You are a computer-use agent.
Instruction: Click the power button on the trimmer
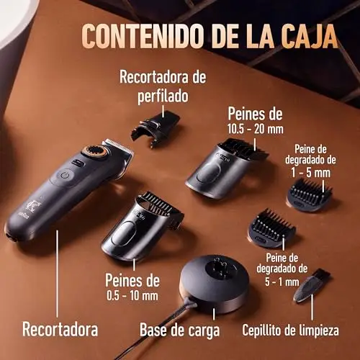click(x=65, y=176)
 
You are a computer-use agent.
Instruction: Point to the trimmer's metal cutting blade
click(x=118, y=145)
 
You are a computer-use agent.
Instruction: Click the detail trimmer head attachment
click(x=156, y=129)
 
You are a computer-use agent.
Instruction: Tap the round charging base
click(x=215, y=283)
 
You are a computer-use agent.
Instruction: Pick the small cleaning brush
click(x=311, y=284)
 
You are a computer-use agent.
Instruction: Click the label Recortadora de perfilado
click(x=163, y=86)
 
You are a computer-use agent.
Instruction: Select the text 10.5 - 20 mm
click(x=256, y=130)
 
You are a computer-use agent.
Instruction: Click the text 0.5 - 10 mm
click(x=132, y=295)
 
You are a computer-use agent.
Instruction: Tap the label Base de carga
click(x=179, y=330)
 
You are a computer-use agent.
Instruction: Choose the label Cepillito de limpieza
click(x=290, y=330)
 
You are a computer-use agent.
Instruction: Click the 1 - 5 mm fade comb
click(x=310, y=195)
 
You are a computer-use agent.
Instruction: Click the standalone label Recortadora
click(x=60, y=329)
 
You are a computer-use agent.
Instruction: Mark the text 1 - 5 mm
click(x=311, y=173)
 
